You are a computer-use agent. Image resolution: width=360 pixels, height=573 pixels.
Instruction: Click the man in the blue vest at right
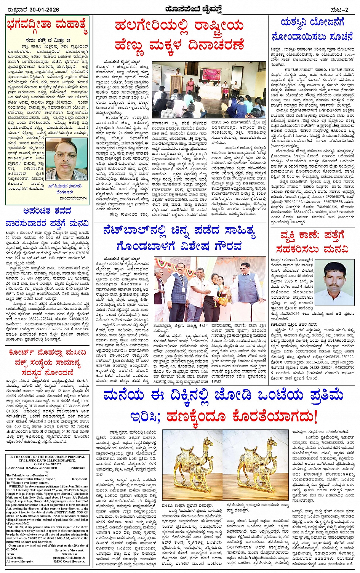247,282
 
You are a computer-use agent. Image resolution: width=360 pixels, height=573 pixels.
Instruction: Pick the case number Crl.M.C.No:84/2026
47,464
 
